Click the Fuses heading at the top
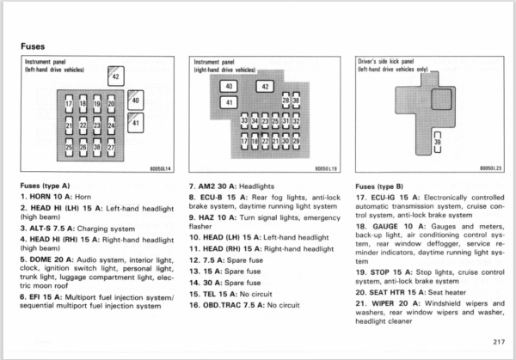33,46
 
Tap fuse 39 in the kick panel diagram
438,142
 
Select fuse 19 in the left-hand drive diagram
96,104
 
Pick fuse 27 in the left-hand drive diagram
111,147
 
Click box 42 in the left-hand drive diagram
116,76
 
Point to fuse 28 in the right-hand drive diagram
286,101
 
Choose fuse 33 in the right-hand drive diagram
244,120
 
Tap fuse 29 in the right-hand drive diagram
296,141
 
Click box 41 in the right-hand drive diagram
229,102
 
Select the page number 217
499,342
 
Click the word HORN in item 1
40,197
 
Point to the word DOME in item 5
40,259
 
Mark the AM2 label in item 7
206,186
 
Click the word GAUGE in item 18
385,227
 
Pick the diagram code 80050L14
161,168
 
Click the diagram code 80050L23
491,168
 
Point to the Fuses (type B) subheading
379,186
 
